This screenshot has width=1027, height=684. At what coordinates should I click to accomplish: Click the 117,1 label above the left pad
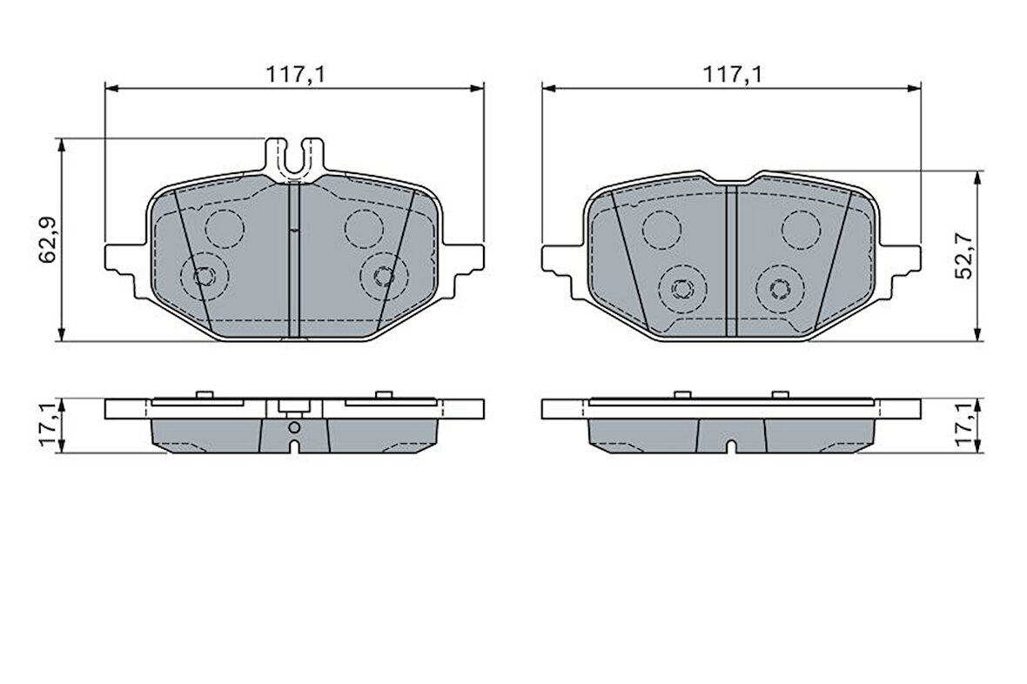point(295,75)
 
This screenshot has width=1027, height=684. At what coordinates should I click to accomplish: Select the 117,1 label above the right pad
point(732,75)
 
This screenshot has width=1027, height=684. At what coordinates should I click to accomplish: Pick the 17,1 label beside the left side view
point(49,426)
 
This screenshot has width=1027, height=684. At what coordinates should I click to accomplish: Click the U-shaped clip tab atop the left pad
point(295,158)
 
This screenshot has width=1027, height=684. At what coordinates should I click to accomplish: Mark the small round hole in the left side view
point(294,428)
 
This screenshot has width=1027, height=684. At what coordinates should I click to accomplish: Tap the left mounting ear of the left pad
point(124,265)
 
